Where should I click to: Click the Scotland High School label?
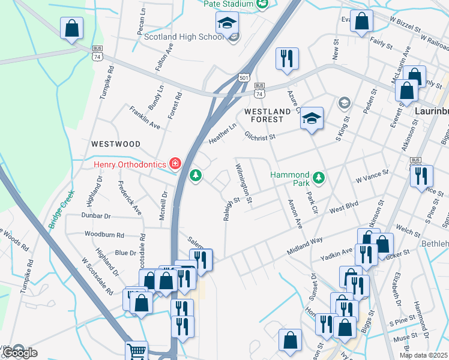(x=184, y=37)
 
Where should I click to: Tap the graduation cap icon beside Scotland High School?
(x=228, y=23)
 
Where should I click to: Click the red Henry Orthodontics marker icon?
(x=175, y=163)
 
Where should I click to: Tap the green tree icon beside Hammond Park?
(x=320, y=178)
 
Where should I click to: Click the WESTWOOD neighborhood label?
(x=116, y=145)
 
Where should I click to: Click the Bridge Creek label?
(x=61, y=208)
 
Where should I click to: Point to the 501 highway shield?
(x=243, y=78)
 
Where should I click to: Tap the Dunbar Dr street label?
(x=96, y=215)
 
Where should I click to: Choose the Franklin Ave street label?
(x=145, y=118)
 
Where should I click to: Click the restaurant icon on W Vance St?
(x=421, y=176)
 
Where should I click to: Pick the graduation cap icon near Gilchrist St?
(x=312, y=118)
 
